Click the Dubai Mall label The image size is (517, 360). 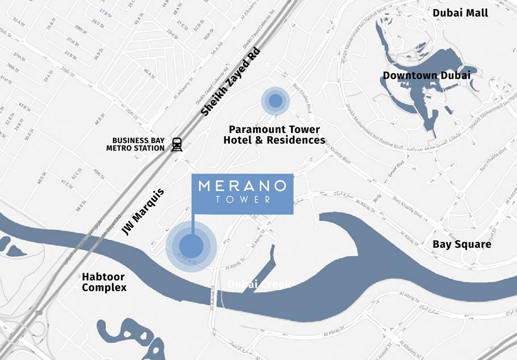(x=460, y=13)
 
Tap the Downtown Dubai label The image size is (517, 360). (x=427, y=75)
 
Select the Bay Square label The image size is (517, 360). (x=462, y=244)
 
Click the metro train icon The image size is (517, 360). (x=177, y=144)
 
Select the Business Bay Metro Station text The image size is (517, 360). (x=135, y=144)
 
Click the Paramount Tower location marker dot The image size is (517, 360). (x=275, y=100)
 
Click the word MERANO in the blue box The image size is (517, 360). (x=243, y=186)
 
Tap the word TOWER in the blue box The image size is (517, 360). (x=243, y=199)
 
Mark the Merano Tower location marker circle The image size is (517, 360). (x=191, y=246)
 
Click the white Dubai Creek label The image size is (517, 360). (x=259, y=285)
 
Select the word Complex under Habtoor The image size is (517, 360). (x=104, y=288)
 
